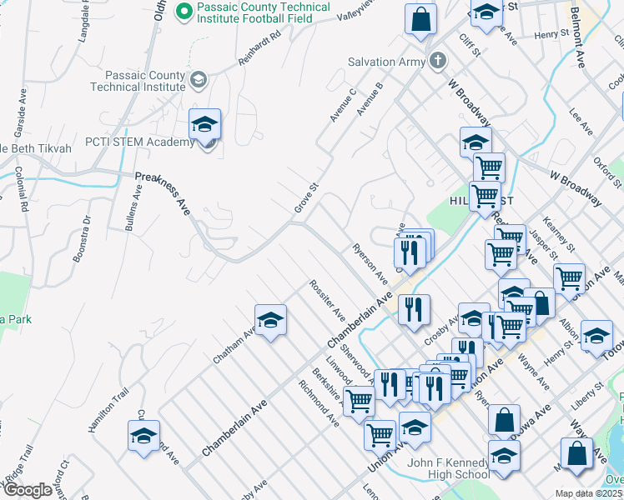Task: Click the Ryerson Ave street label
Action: point(370,262)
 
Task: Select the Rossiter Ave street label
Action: point(327,298)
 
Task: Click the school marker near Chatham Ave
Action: point(270,320)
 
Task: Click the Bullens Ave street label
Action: point(130,208)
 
